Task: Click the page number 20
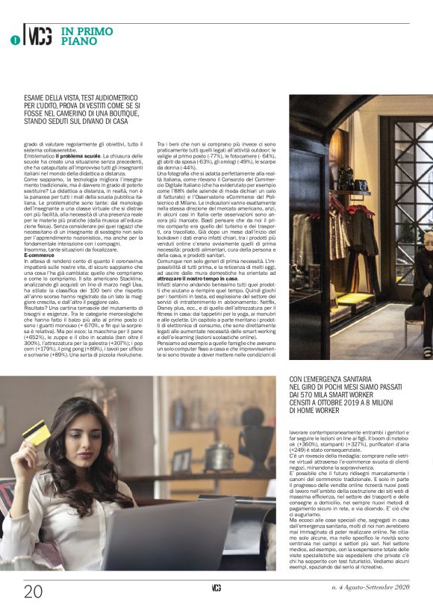[x=33, y=591]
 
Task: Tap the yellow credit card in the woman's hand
[x=34, y=431]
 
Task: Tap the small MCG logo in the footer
[x=216, y=589]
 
